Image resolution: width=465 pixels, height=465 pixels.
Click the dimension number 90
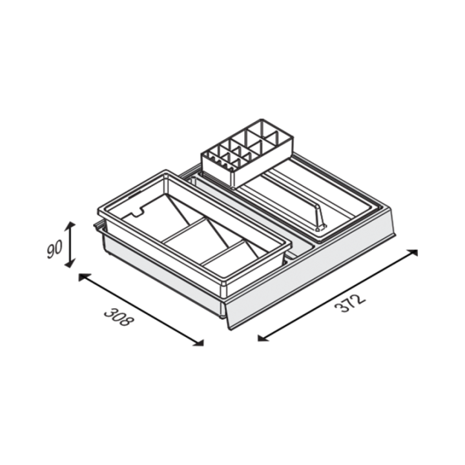(x=54, y=249)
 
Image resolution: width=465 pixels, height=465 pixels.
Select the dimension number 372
(x=350, y=304)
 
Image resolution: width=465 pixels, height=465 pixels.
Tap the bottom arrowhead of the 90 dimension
(x=70, y=263)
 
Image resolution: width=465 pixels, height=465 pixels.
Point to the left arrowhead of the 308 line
(x=83, y=277)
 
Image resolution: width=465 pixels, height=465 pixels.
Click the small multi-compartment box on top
(x=247, y=152)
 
